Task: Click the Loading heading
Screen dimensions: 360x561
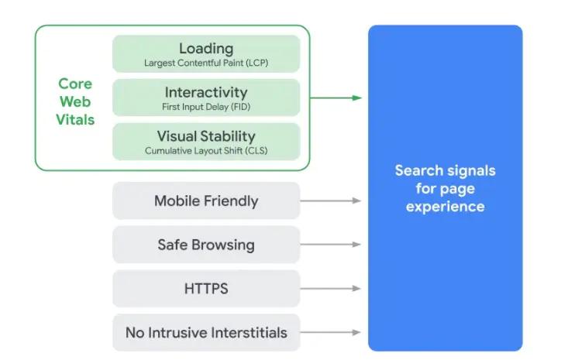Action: pos(206,49)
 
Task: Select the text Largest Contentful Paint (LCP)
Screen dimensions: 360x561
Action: pos(206,63)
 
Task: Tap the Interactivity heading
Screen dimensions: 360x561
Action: pos(206,93)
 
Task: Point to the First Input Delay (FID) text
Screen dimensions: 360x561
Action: pos(206,107)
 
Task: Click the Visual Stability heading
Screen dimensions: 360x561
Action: pos(206,137)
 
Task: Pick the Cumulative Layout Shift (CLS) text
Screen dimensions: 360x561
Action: pos(206,151)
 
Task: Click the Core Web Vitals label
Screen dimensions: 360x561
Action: pos(75,101)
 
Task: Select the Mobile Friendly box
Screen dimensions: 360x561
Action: pos(206,201)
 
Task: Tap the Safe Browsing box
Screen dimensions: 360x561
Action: pos(206,245)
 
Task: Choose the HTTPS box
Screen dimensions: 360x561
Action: pos(206,289)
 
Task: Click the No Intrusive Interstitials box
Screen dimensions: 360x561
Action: pos(206,333)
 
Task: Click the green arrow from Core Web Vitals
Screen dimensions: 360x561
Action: pos(336,98)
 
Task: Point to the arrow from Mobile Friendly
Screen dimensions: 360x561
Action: pos(331,201)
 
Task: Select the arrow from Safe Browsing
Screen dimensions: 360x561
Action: pos(331,245)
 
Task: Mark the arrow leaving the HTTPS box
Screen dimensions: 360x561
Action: pos(331,289)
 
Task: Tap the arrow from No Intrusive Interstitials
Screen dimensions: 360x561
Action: pos(331,333)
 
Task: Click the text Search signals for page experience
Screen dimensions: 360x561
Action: pos(445,188)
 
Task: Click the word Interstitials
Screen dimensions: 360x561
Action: pos(246,333)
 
